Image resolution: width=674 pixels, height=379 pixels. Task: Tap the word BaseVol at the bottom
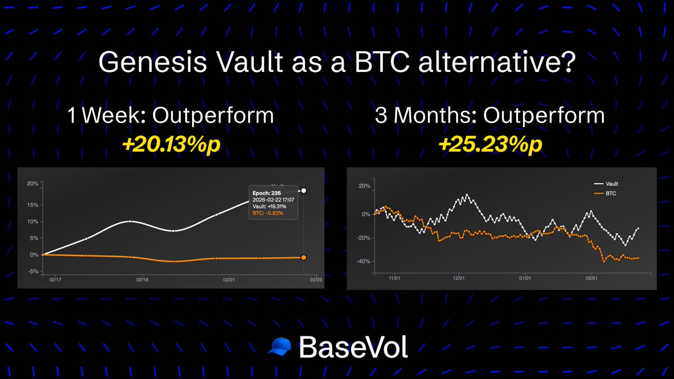click(x=353, y=347)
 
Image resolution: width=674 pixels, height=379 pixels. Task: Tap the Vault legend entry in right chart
click(x=612, y=184)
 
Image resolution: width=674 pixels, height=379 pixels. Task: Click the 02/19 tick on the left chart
click(x=142, y=279)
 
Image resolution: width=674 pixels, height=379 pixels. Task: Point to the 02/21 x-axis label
click(x=229, y=279)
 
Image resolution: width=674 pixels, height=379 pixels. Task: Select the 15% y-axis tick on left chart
click(x=32, y=205)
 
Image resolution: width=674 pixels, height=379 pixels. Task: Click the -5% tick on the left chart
click(x=32, y=272)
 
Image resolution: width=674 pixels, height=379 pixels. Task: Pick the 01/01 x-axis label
click(x=525, y=277)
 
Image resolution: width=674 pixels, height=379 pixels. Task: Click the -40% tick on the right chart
click(x=362, y=261)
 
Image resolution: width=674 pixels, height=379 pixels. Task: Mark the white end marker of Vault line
click(x=303, y=191)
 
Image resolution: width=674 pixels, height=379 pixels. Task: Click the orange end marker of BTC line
click(x=303, y=257)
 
